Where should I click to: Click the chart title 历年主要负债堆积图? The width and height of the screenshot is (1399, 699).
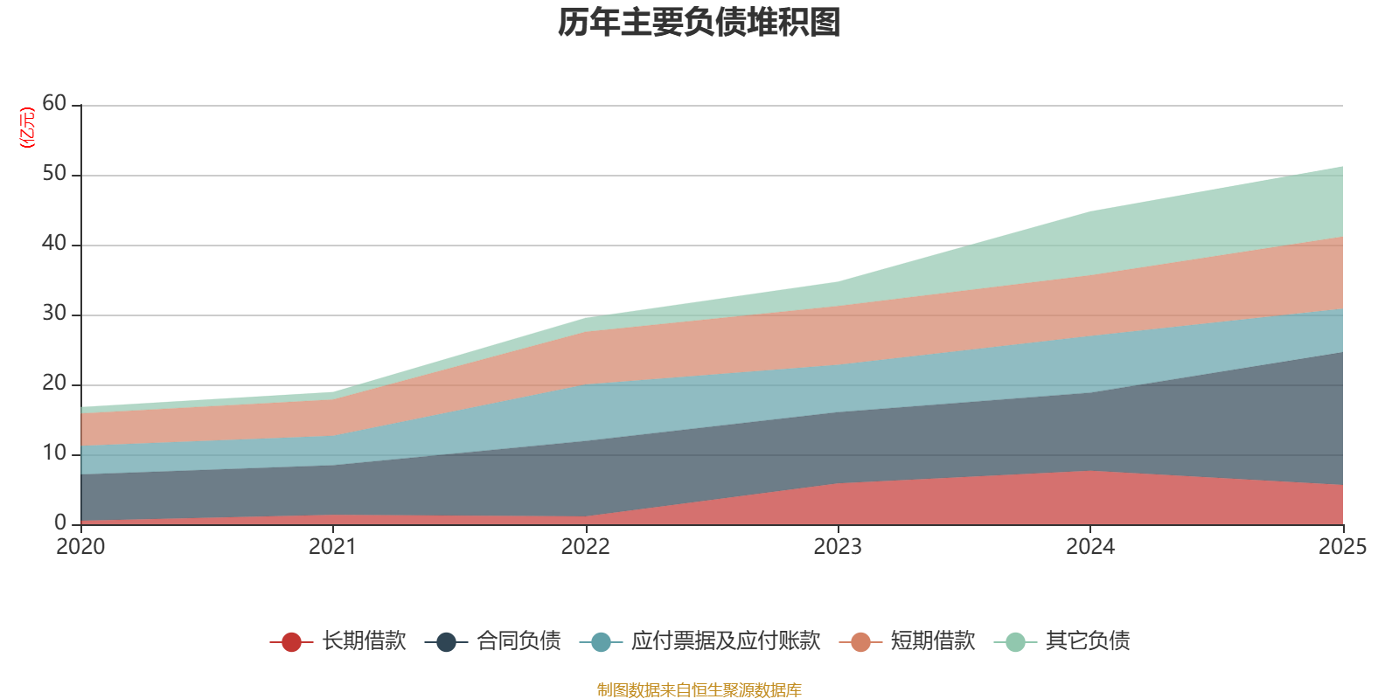coord(699,23)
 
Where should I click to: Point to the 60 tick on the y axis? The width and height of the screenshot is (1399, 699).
coord(54,103)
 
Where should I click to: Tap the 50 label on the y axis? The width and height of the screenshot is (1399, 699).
coord(54,173)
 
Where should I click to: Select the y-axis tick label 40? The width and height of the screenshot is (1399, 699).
coord(54,243)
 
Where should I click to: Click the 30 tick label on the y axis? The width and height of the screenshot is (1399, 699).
coord(54,313)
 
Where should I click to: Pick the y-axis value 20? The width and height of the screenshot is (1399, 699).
coord(54,383)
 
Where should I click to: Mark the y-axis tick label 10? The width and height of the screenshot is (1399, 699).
coord(54,453)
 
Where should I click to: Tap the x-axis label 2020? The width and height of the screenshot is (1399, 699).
coord(80,547)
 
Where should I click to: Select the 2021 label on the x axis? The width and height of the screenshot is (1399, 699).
coord(332,547)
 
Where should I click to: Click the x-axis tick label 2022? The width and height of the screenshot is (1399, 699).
coord(585,547)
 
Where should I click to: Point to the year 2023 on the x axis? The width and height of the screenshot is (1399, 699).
coord(838,547)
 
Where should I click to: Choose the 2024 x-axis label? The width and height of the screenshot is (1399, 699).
coord(1089,547)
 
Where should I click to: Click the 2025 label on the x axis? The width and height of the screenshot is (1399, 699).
coord(1342,547)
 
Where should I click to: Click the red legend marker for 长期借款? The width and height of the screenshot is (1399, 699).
coord(291,642)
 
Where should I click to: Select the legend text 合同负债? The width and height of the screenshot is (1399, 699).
coord(519,641)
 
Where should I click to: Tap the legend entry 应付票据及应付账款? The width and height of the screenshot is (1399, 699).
coord(726,641)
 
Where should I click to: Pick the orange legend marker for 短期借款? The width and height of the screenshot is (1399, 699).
coord(860,642)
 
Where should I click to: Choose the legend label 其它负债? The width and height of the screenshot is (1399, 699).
coord(1088,641)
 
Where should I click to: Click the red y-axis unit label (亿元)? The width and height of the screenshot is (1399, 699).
coord(28,128)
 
